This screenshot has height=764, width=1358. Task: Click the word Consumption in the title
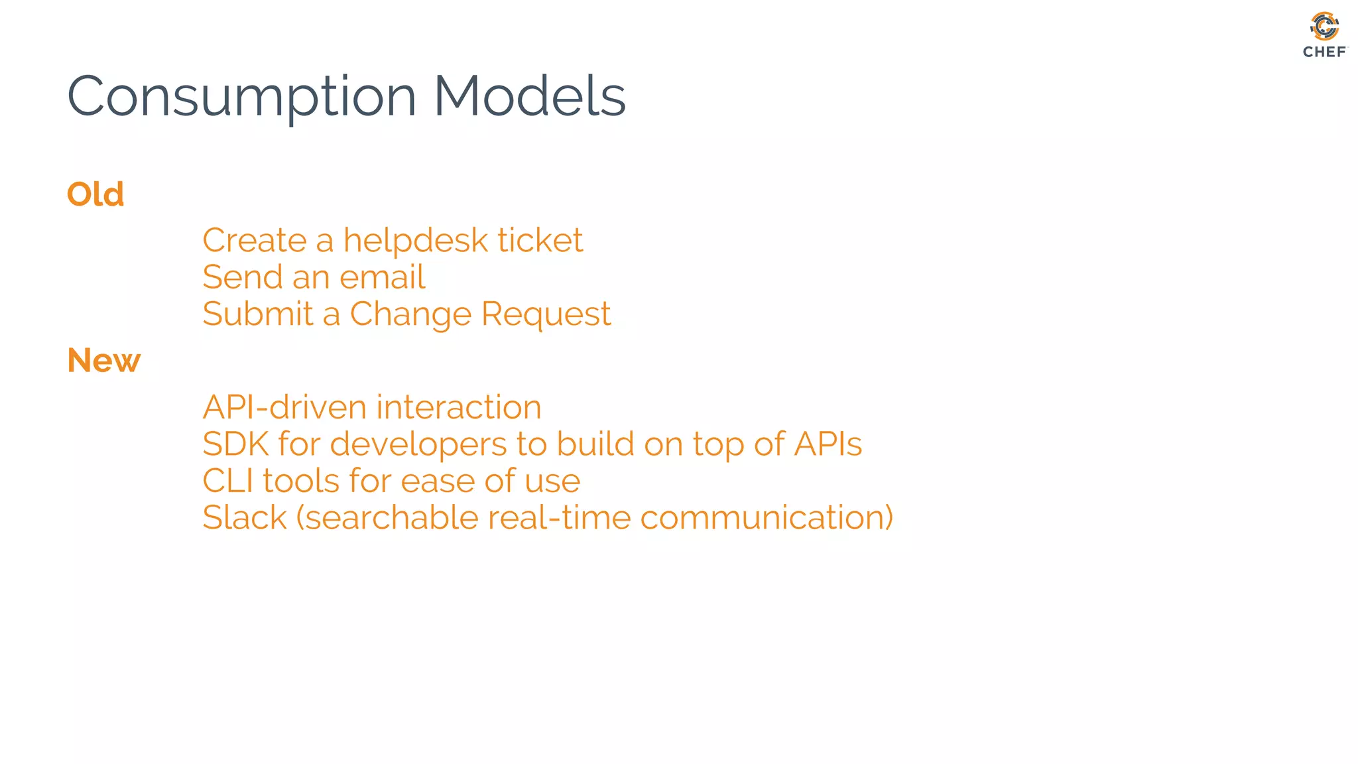[242, 97]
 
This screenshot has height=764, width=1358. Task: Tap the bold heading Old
[95, 194]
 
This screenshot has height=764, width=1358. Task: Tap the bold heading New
[104, 361]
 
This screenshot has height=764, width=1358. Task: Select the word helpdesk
[414, 240]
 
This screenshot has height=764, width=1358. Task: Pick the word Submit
[257, 314]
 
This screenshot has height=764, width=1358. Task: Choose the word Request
[546, 315]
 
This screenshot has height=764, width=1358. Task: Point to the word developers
[418, 445]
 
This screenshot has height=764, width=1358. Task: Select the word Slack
[244, 518]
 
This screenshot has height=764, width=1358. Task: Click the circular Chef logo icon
[1324, 27]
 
